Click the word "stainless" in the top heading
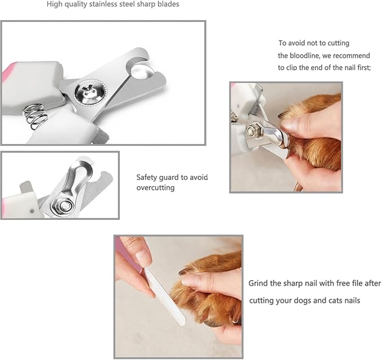[100, 4]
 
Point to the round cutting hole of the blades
[142, 72]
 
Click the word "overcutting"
[155, 188]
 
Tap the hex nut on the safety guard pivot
[62, 205]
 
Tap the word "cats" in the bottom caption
[335, 300]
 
